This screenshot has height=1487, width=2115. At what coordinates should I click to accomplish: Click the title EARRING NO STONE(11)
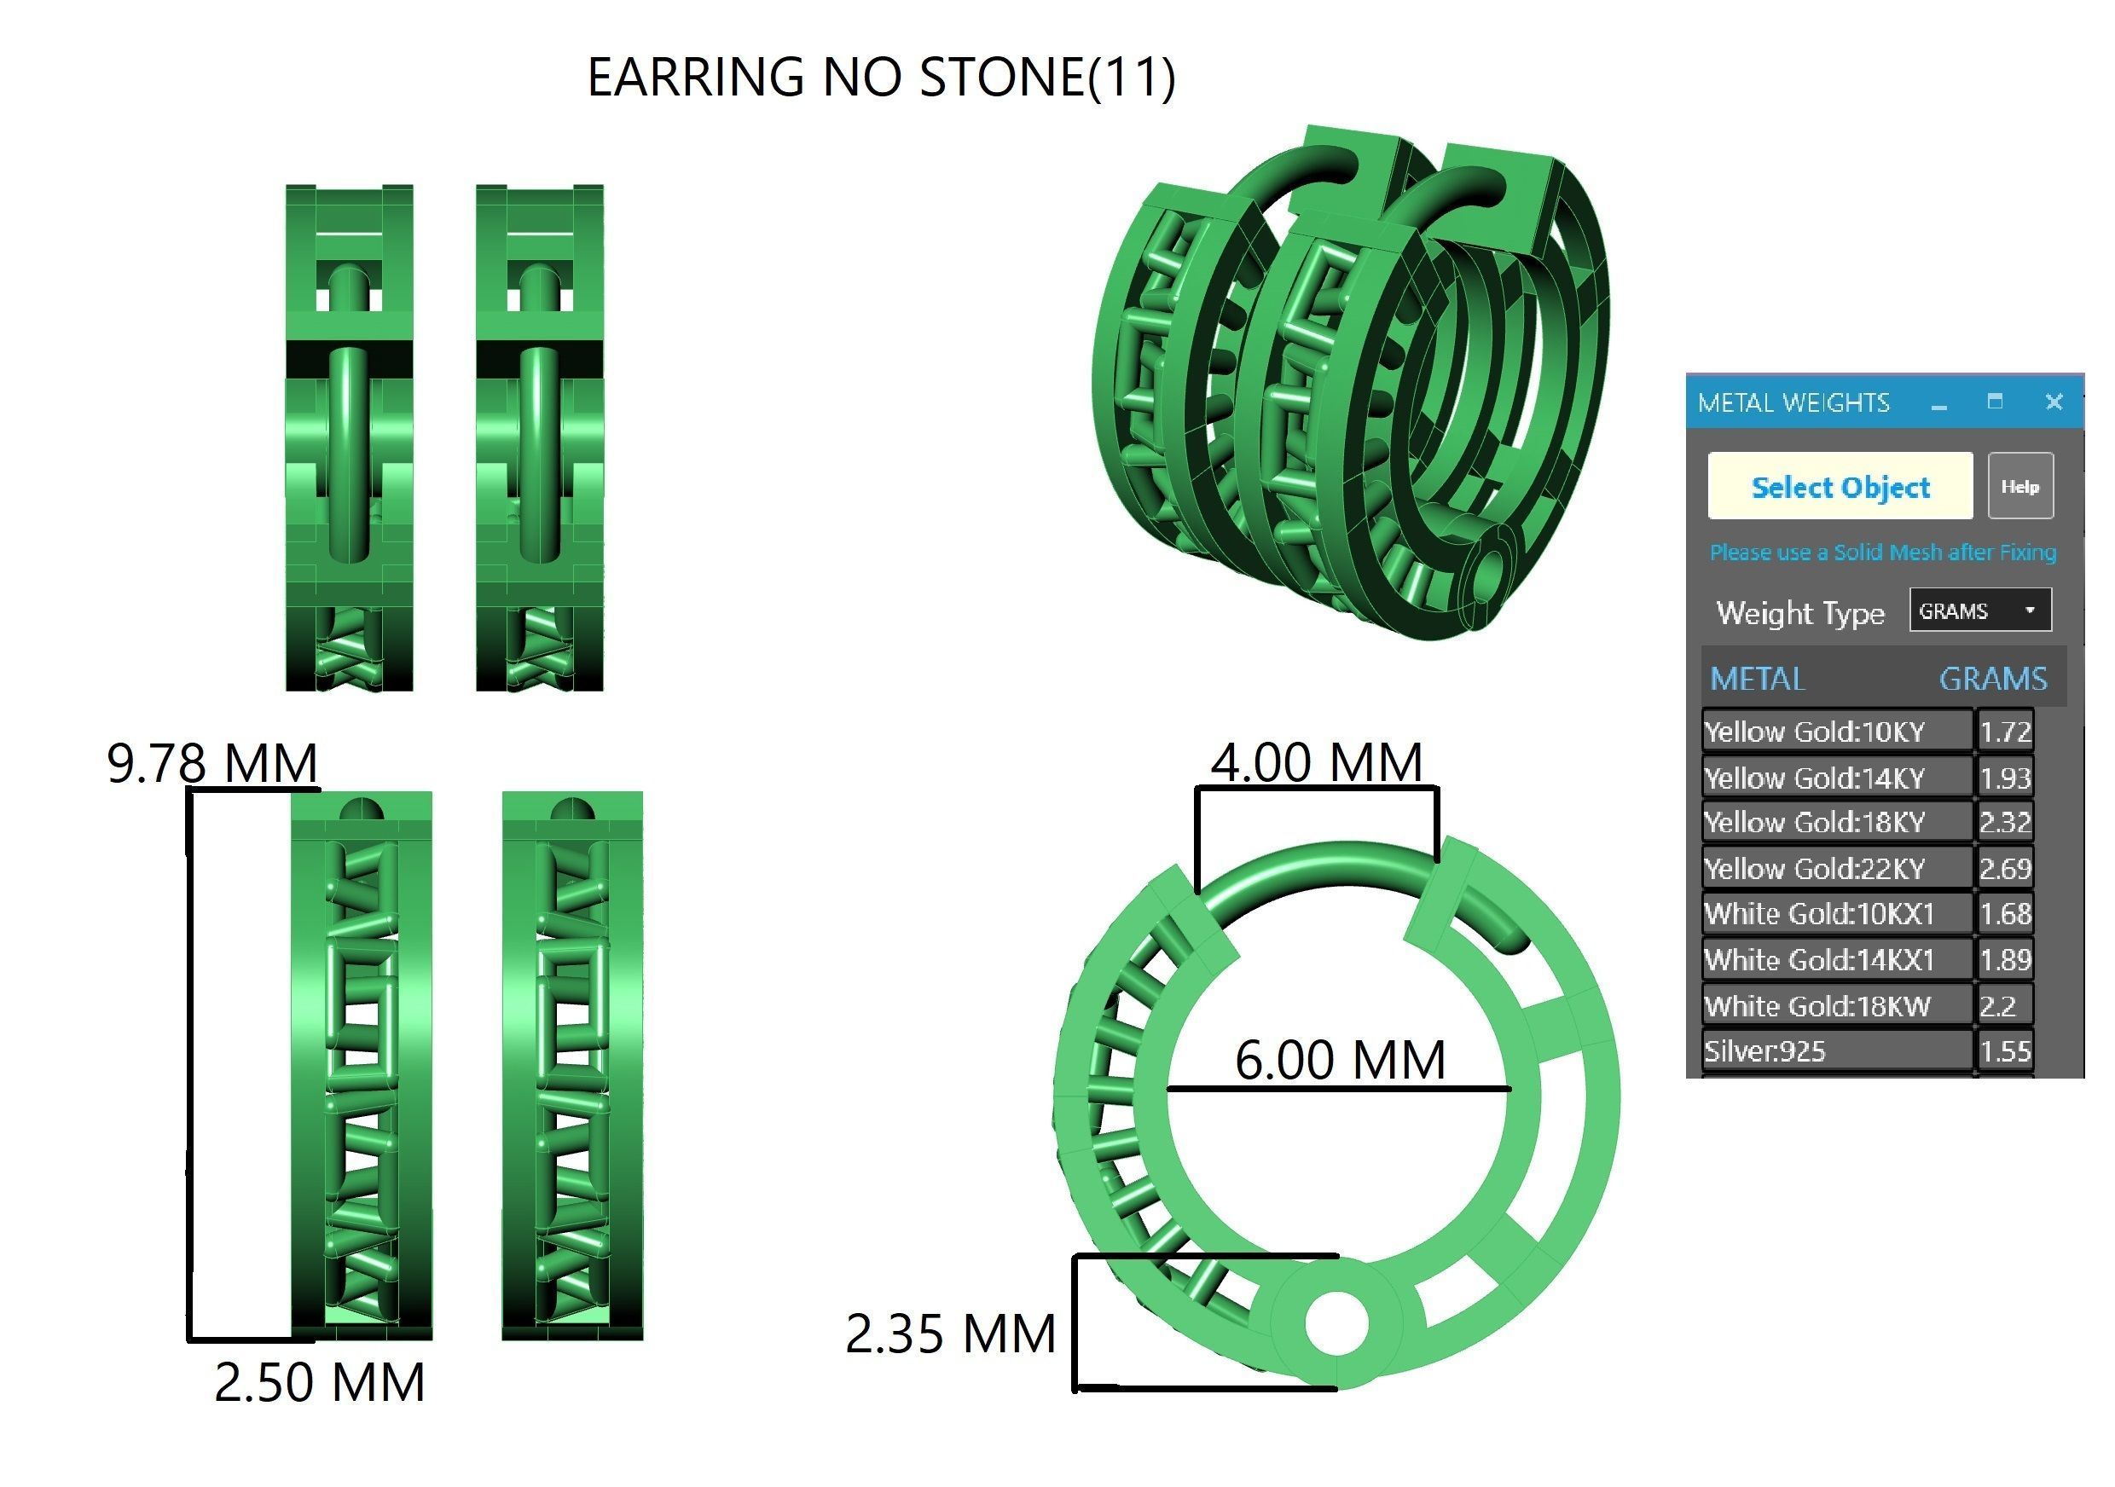pos(881,77)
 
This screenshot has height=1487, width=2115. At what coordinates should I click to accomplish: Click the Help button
pos(2019,486)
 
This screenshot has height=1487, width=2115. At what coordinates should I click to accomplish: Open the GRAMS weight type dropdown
pos(1979,610)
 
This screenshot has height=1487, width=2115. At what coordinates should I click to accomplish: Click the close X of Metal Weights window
pos(2054,402)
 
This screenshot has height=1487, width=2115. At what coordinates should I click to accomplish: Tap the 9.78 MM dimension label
pos(211,762)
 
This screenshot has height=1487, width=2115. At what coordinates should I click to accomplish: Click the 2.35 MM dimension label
pos(950,1334)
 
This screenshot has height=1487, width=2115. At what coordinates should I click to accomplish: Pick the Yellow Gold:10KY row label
pos(1814,732)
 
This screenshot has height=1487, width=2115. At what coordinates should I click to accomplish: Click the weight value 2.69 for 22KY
pos(2004,868)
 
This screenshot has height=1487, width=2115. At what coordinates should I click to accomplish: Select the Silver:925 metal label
pos(1764,1051)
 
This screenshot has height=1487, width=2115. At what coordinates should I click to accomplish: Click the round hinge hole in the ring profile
pos(1336,1323)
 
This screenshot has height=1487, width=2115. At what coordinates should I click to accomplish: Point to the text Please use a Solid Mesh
pos(1882,553)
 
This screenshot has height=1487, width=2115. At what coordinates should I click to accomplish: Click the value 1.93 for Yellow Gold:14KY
pos(2004,778)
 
